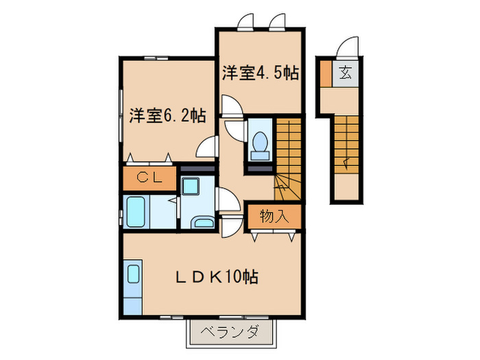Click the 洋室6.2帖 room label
[x=167, y=115]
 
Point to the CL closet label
[x=149, y=178]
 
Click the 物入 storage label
[x=274, y=217]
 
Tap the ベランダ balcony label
[x=230, y=333]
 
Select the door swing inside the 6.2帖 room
[x=205, y=147]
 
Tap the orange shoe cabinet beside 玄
[x=325, y=73]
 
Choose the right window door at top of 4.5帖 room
[x=277, y=23]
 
